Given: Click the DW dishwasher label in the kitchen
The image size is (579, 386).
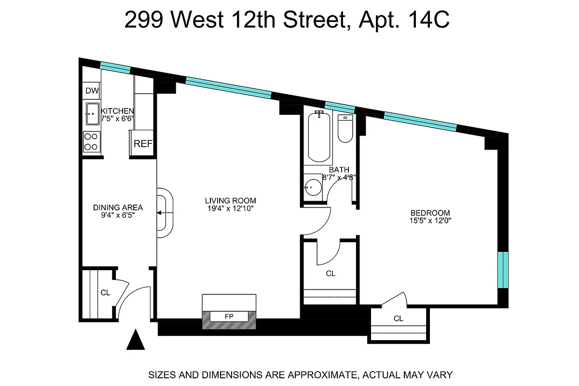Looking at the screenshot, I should point(92,91).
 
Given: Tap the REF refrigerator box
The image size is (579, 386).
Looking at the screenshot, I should point(143,143).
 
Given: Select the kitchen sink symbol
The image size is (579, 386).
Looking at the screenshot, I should point(92,114).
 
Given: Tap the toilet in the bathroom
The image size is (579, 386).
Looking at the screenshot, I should point(345,129).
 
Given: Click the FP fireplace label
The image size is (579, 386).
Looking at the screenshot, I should point(229,317).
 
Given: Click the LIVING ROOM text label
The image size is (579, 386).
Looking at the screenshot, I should point(230,201).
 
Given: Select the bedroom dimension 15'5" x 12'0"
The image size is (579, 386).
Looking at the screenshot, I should point(430,221).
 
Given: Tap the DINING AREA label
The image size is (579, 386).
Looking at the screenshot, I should point(118,207).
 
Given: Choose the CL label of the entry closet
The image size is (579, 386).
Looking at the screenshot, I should point(105,292).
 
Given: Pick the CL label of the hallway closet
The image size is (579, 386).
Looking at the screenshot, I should point(330,274).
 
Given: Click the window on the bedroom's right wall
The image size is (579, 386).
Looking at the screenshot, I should point(503,270).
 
